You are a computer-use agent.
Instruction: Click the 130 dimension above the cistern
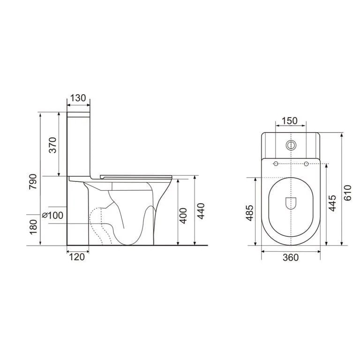(78, 98)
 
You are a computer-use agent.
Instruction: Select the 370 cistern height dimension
(52, 145)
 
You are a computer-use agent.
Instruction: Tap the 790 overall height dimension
(33, 181)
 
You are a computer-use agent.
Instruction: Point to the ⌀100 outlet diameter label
(53, 215)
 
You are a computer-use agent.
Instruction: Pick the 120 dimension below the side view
(77, 257)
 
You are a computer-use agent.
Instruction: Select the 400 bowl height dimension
(183, 216)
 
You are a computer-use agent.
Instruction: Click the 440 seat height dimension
(201, 211)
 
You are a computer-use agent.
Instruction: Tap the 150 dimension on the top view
(289, 120)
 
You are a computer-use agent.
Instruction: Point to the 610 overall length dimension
(348, 193)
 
